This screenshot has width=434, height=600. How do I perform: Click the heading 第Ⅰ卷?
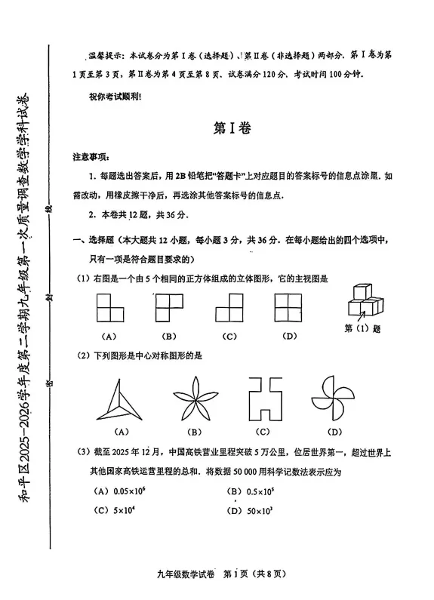(x=232, y=128)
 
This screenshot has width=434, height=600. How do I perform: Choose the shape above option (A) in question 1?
(x=112, y=307)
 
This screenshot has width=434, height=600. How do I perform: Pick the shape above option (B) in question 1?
(x=170, y=307)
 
